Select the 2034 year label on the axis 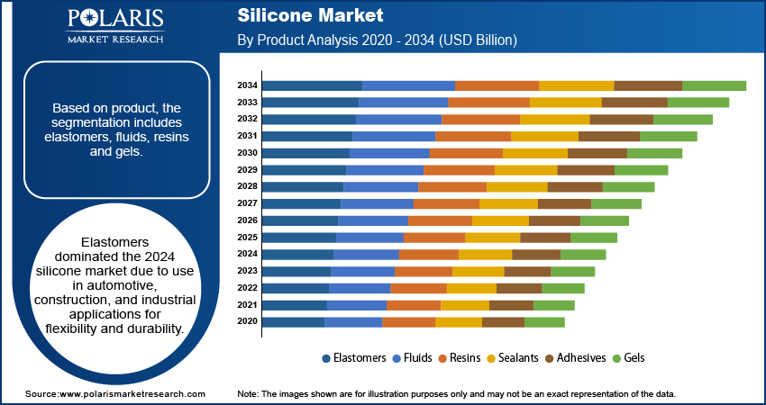click(248, 85)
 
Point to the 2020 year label click(248, 321)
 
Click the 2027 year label click(248, 203)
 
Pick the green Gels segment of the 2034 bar click(714, 85)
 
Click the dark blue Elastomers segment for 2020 click(293, 321)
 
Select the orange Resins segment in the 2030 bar click(466, 153)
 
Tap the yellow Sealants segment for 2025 click(492, 238)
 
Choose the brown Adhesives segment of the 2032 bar click(621, 119)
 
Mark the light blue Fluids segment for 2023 click(362, 271)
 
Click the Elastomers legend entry click(354, 357)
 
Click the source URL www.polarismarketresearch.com click(132, 394)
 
